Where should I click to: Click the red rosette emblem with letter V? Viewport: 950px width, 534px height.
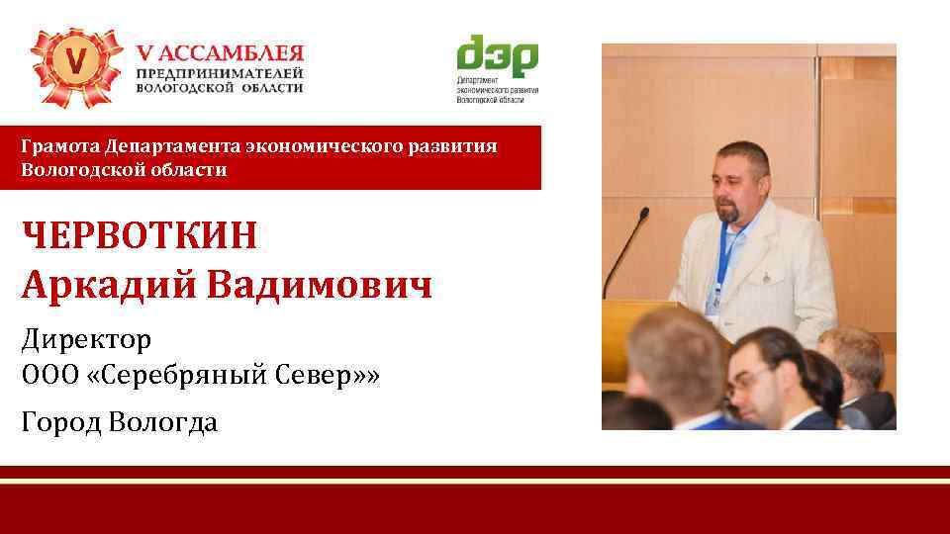pos(75,67)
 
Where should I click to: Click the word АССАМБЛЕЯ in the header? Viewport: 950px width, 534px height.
pos(229,52)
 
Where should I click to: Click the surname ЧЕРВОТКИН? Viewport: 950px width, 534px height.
pos(140,237)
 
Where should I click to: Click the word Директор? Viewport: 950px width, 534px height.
pos(86,341)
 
